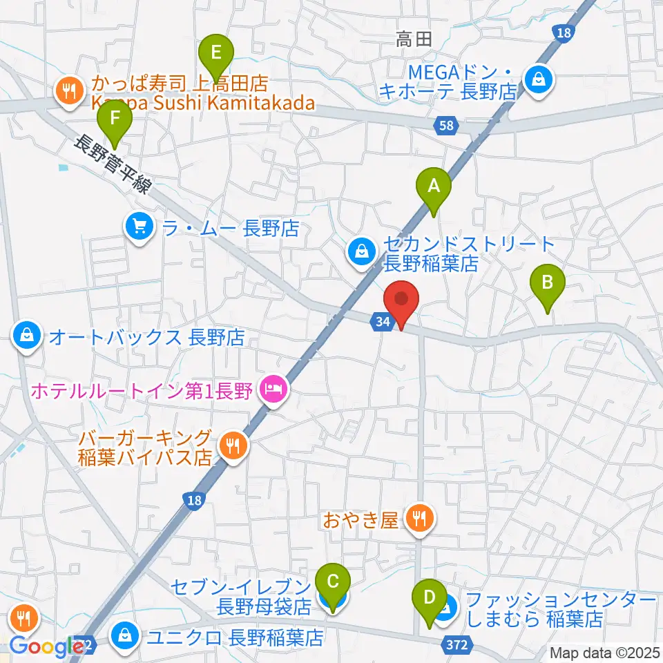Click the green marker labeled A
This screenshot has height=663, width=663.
(433, 186)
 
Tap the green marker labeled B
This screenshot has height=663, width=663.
(547, 283)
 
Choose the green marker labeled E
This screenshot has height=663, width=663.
(217, 52)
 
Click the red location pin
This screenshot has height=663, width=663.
(403, 302)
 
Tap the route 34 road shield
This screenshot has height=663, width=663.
(384, 321)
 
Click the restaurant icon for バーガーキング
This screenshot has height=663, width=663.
(230, 446)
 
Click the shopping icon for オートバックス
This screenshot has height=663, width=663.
(26, 336)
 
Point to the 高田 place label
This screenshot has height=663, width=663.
(414, 40)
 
